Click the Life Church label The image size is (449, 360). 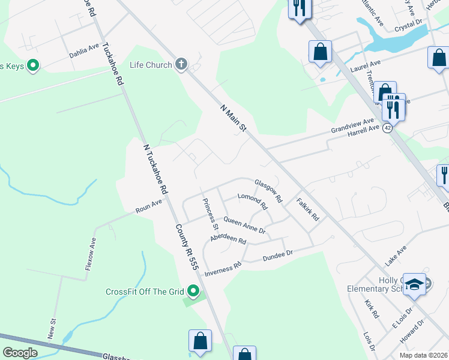(151, 65)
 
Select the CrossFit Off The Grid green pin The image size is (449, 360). (193, 292)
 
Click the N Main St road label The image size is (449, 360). (234, 118)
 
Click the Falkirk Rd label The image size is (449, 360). (307, 209)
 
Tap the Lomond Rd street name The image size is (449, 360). (252, 201)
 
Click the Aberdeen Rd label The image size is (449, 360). (228, 239)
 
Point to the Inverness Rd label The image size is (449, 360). (223, 268)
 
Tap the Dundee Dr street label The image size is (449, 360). (277, 257)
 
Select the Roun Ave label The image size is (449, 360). (149, 207)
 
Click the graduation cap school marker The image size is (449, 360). (414, 284)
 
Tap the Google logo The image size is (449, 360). (20, 353)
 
